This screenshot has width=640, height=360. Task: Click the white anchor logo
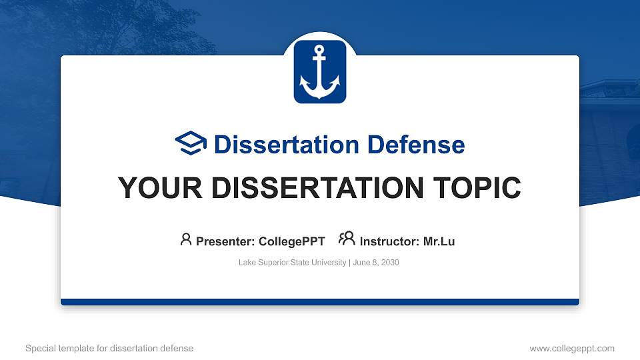[320, 72]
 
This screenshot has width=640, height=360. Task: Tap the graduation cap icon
[191, 143]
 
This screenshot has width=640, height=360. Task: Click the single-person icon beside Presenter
[186, 239]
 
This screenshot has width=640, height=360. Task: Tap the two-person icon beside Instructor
[347, 239]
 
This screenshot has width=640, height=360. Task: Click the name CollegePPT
[292, 241]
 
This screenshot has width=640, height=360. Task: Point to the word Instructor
[389, 241]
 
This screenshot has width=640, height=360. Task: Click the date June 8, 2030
[375, 263]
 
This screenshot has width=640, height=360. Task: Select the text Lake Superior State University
[292, 263]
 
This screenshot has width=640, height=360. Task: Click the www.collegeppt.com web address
[572, 348]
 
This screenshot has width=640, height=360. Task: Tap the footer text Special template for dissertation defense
[109, 348]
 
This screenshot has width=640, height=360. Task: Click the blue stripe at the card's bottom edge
[320, 302]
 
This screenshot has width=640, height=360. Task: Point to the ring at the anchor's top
[320, 49]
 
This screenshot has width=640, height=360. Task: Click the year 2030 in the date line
[389, 263]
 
